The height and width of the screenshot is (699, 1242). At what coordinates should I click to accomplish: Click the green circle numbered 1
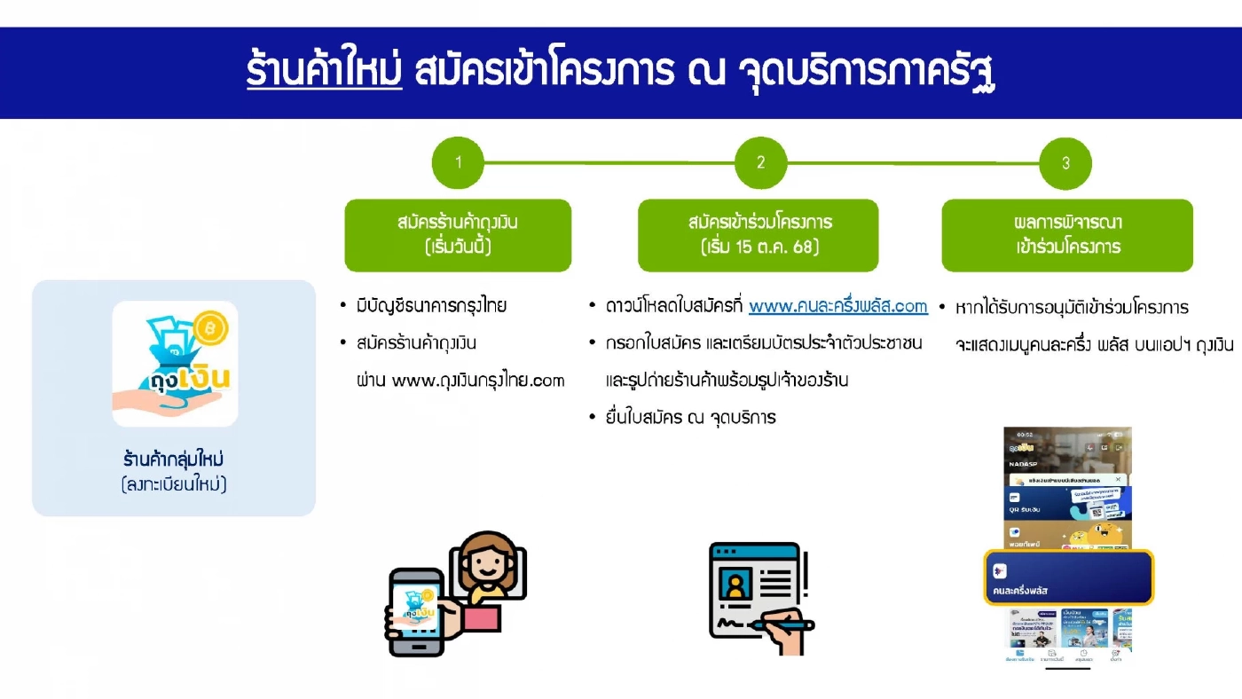click(x=458, y=162)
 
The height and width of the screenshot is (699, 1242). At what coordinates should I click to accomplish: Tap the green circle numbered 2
click(x=760, y=162)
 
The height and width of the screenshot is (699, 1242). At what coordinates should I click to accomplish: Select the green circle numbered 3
click(x=1065, y=163)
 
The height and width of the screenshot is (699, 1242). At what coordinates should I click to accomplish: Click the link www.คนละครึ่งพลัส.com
click(x=837, y=306)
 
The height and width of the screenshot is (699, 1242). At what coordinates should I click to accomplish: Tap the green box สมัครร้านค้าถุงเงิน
click(x=458, y=234)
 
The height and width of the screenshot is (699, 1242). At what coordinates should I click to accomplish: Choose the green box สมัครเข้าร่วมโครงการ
click(x=759, y=234)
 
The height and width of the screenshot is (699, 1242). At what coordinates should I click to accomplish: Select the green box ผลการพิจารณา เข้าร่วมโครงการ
click(x=1067, y=234)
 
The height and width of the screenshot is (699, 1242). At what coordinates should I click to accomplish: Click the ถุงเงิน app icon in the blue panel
click(x=175, y=364)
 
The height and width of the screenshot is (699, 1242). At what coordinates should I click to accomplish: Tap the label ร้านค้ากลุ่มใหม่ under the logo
click(x=174, y=460)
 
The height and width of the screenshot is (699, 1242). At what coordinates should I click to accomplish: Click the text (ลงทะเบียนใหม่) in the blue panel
click(x=174, y=484)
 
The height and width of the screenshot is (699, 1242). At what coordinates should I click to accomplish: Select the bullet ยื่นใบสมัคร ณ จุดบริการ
click(x=689, y=417)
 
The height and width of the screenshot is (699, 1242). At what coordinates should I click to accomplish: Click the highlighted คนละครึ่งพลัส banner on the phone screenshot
click(x=1068, y=577)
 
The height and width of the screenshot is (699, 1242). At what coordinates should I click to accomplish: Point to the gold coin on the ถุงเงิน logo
click(x=212, y=327)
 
